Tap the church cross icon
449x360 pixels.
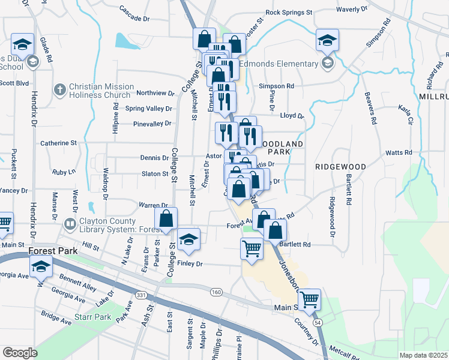pyautogui.click(x=59, y=90)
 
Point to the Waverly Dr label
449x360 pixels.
pyautogui.click(x=352, y=10)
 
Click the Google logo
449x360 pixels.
pyautogui.click(x=20, y=353)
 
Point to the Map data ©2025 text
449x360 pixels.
pyautogui.click(x=424, y=355)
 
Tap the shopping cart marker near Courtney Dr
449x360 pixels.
pyautogui.click(x=309, y=299)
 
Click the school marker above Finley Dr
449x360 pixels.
pyautogui.click(x=188, y=239)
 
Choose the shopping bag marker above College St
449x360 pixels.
pyautogui.click(x=166, y=218)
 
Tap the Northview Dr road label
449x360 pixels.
pyautogui.click(x=155, y=93)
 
